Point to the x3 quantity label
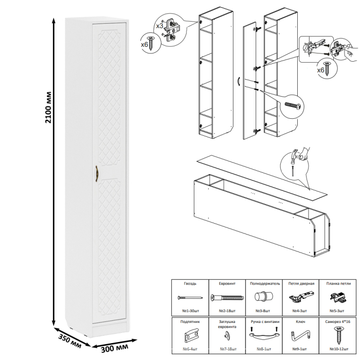[x=159, y=25]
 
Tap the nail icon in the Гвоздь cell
[x=189, y=298]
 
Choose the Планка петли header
[x=338, y=284]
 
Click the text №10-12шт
[x=338, y=350]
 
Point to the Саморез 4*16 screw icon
[x=338, y=335]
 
